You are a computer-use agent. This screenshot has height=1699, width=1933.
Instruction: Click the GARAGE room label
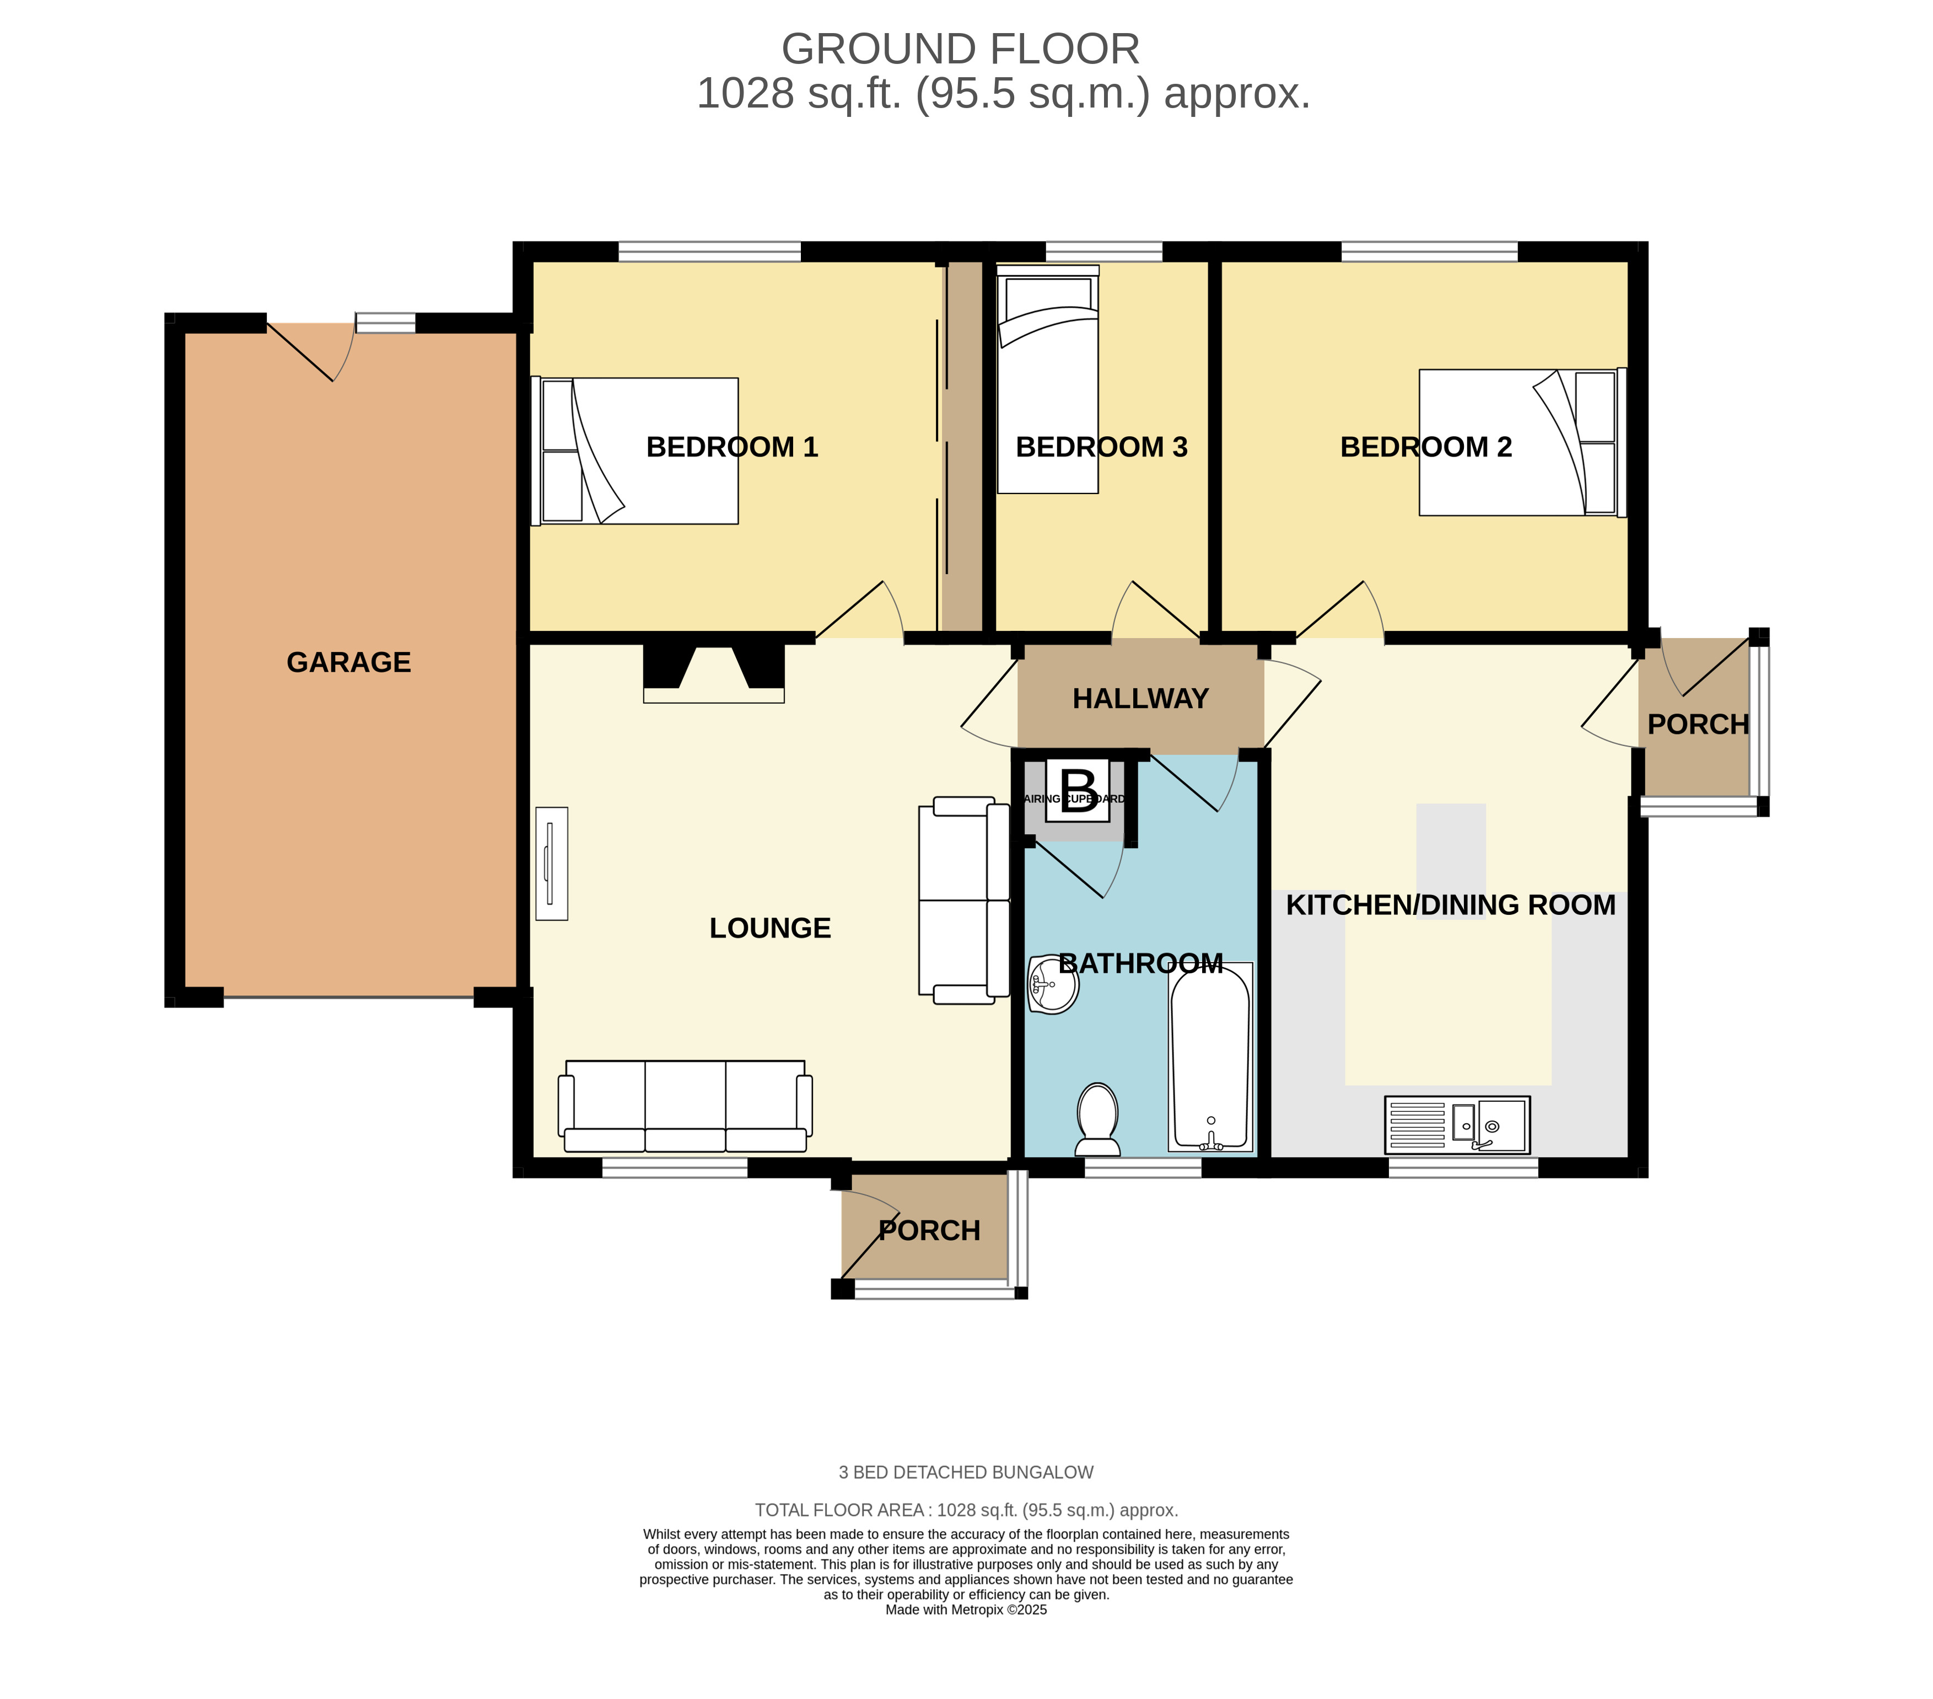[x=349, y=662]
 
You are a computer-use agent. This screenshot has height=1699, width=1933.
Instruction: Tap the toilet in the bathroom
[x=1098, y=1120]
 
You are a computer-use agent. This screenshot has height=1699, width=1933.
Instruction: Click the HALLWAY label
[x=1140, y=699]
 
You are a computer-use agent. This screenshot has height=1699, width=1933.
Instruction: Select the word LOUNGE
[x=770, y=928]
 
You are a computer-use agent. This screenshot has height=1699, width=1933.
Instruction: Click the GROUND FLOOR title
[x=961, y=49]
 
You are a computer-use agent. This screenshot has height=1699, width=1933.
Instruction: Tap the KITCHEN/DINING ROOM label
[x=1451, y=905]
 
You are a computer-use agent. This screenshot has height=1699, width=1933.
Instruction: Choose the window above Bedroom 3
[x=1103, y=251]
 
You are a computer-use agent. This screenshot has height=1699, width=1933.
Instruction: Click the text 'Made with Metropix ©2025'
[x=967, y=1610]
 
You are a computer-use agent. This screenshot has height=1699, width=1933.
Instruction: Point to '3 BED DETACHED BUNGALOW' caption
[x=967, y=1473]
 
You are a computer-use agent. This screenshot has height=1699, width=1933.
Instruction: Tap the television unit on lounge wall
[x=551, y=864]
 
